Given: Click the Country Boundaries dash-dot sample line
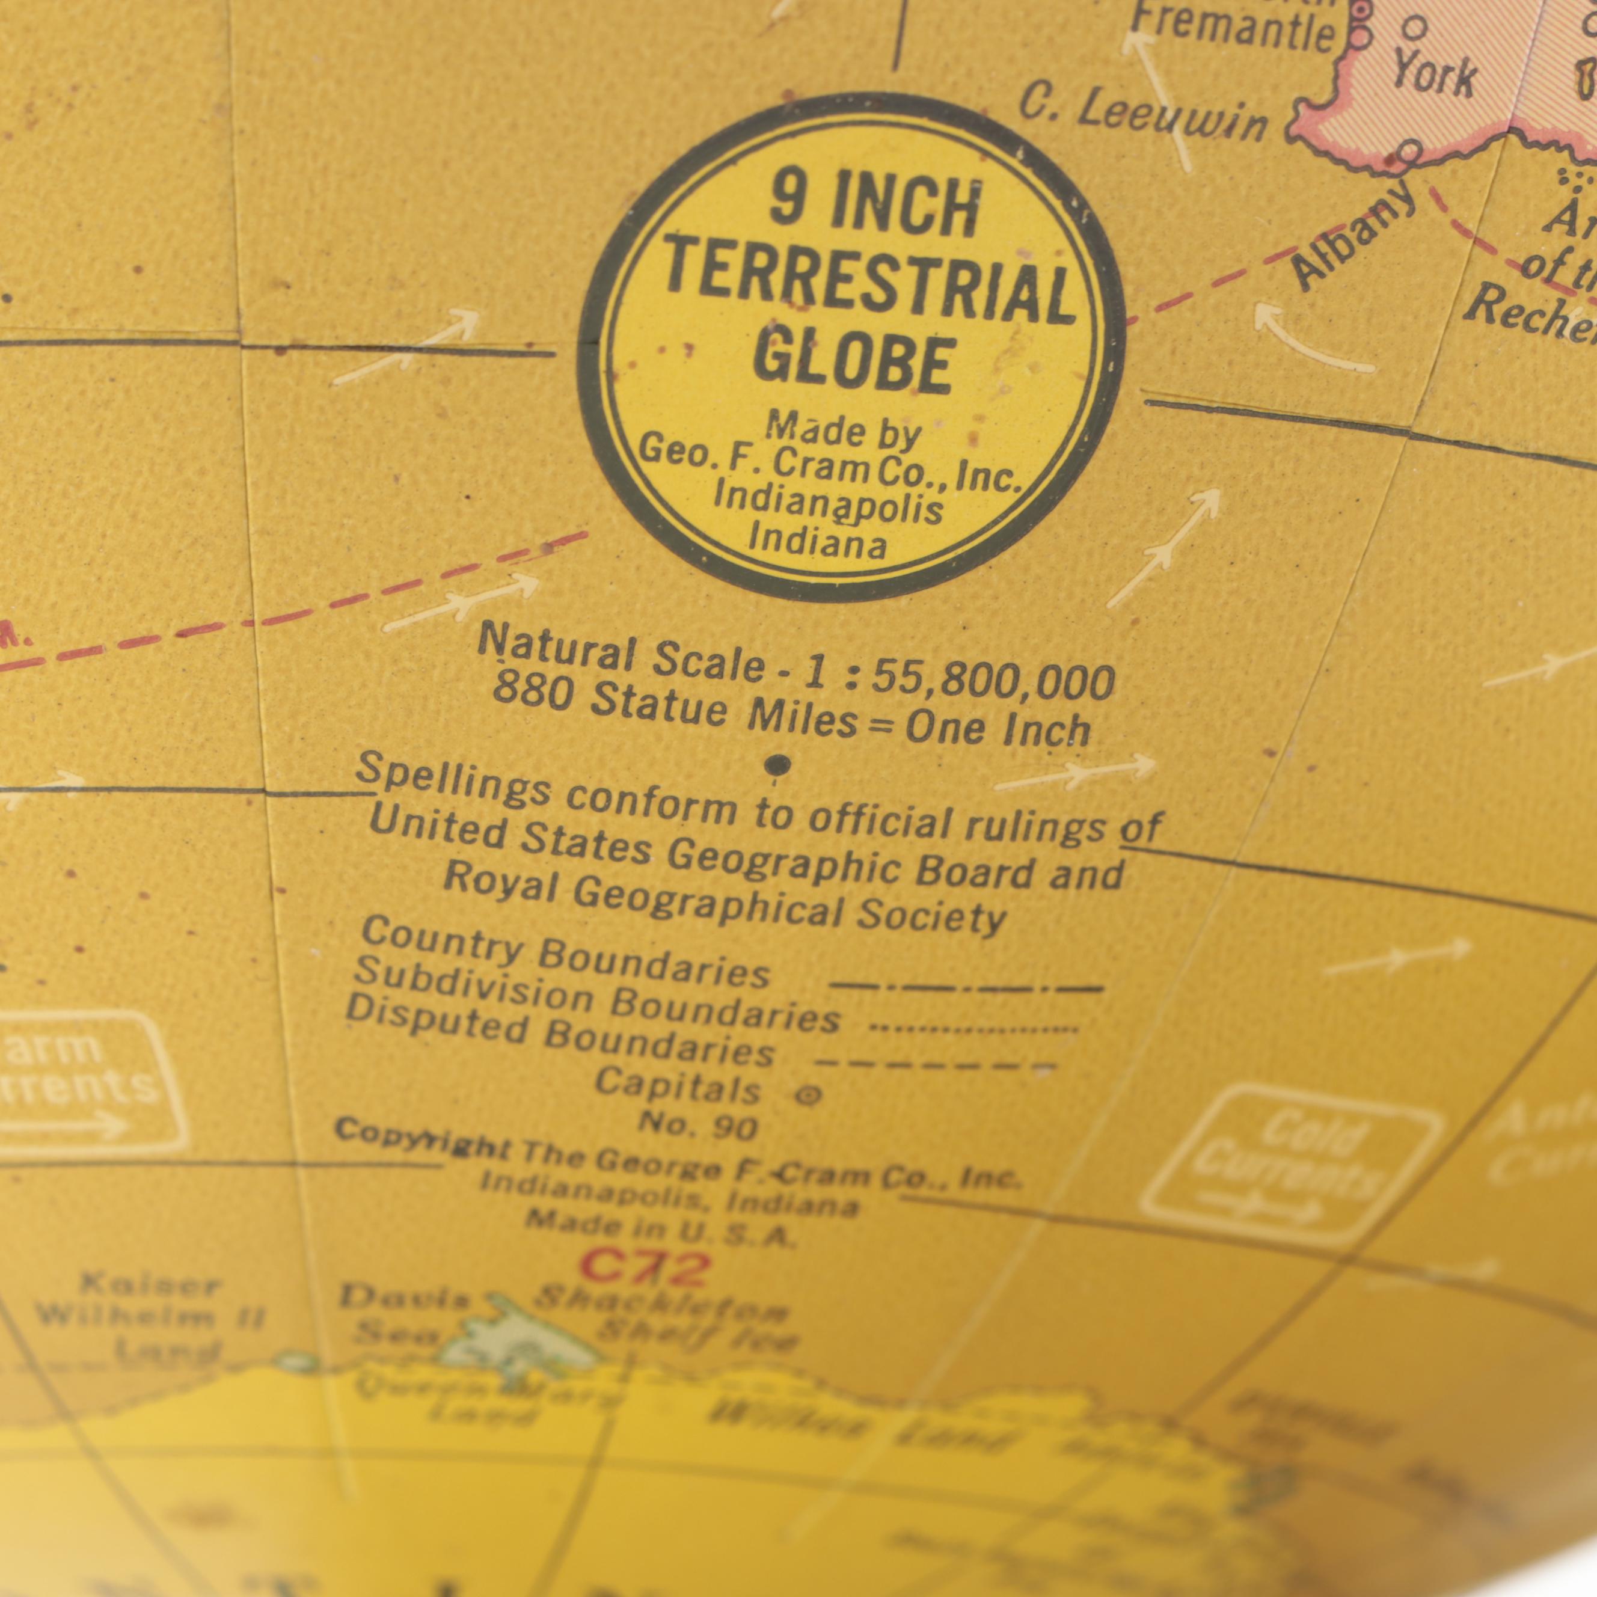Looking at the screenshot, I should (x=966, y=987).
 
